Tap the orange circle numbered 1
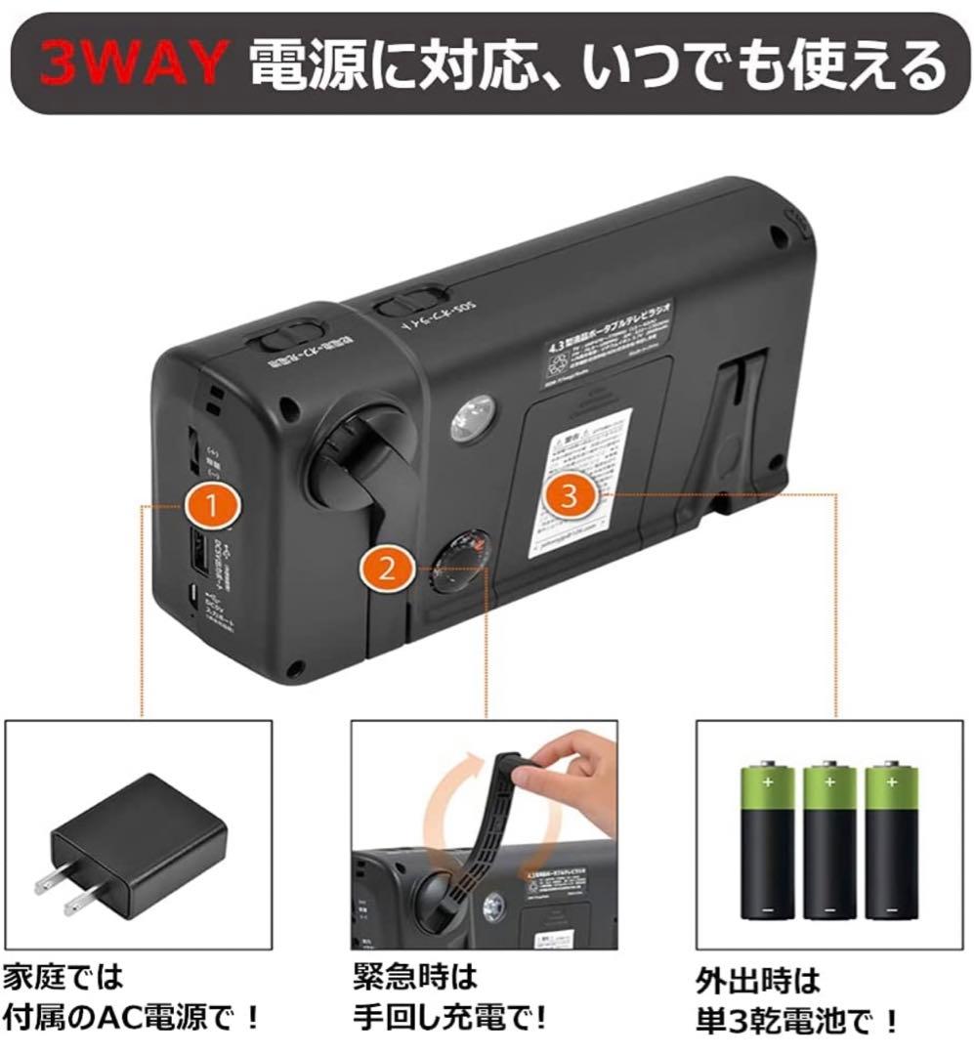(213, 505)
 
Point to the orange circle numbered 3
(572, 494)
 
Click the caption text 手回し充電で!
(450, 1020)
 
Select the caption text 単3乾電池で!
(797, 1022)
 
